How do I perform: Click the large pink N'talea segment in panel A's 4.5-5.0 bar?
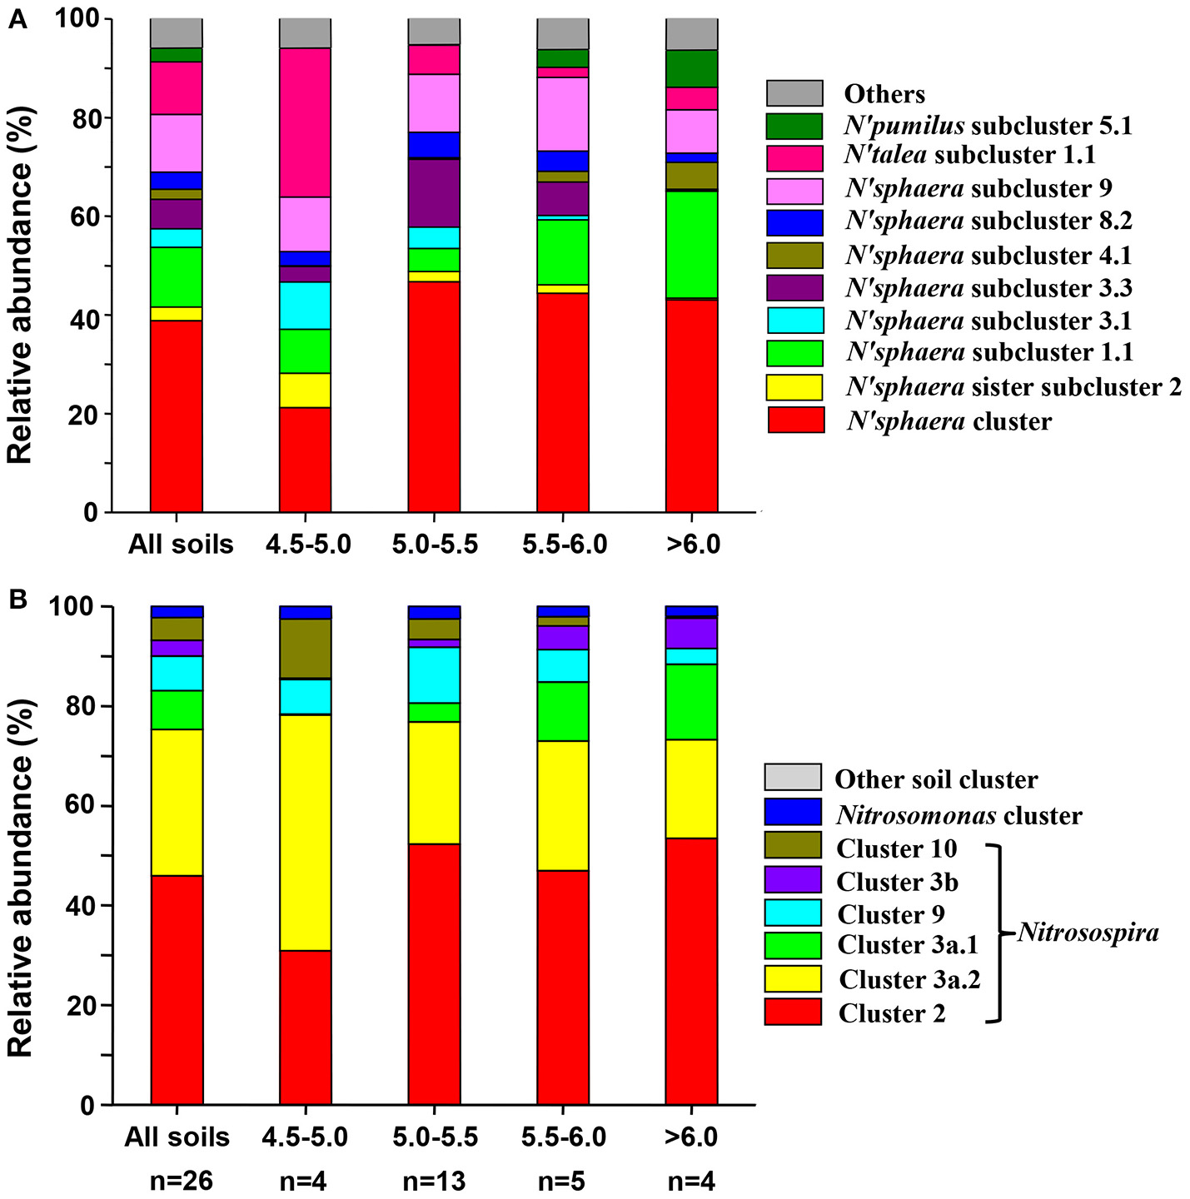click(x=305, y=122)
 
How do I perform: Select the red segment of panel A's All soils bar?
click(x=177, y=415)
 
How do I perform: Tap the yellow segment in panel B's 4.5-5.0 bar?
click(x=305, y=832)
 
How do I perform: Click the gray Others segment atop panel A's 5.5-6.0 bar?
click(x=563, y=33)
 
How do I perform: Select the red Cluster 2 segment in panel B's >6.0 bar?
click(x=691, y=971)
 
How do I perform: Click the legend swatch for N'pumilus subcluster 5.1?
click(x=794, y=126)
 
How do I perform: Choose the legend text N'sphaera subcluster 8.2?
click(x=988, y=221)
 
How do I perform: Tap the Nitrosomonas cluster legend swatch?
click(x=793, y=812)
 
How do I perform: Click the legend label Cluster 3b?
click(x=897, y=882)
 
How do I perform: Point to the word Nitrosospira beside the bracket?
click(x=1088, y=933)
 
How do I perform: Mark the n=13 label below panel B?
click(x=434, y=1182)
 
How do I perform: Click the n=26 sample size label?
click(x=177, y=1182)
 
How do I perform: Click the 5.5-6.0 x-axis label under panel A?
click(x=564, y=545)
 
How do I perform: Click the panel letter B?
click(x=17, y=599)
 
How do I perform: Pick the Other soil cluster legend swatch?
click(x=793, y=778)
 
